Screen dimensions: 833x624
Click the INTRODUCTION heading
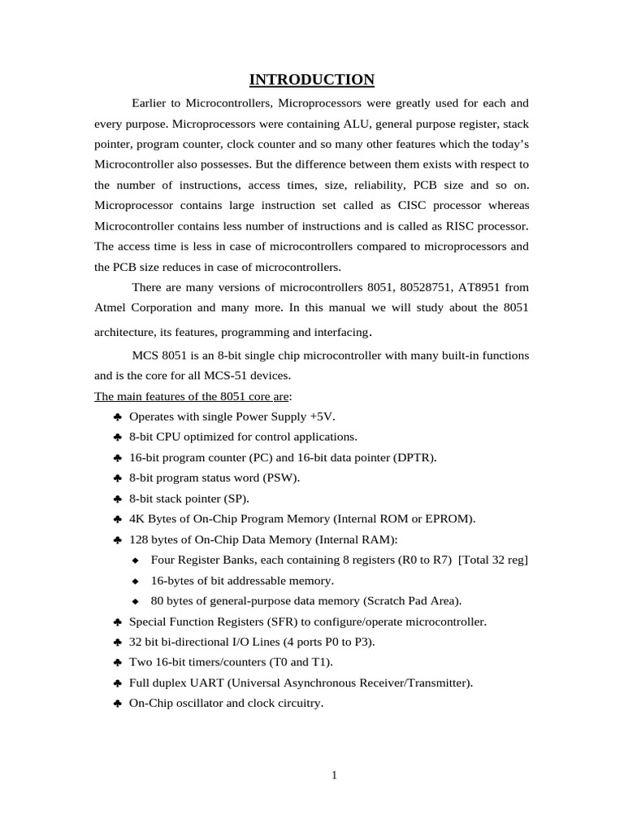coord(311,79)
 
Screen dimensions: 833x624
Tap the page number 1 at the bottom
coord(334,775)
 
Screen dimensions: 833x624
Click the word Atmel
coord(111,307)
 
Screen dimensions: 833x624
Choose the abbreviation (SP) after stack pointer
coord(234,499)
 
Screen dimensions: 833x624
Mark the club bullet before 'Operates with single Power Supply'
coord(118,416)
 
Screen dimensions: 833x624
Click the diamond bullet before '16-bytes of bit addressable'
coord(136,581)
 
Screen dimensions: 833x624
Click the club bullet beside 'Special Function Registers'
coord(118,621)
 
